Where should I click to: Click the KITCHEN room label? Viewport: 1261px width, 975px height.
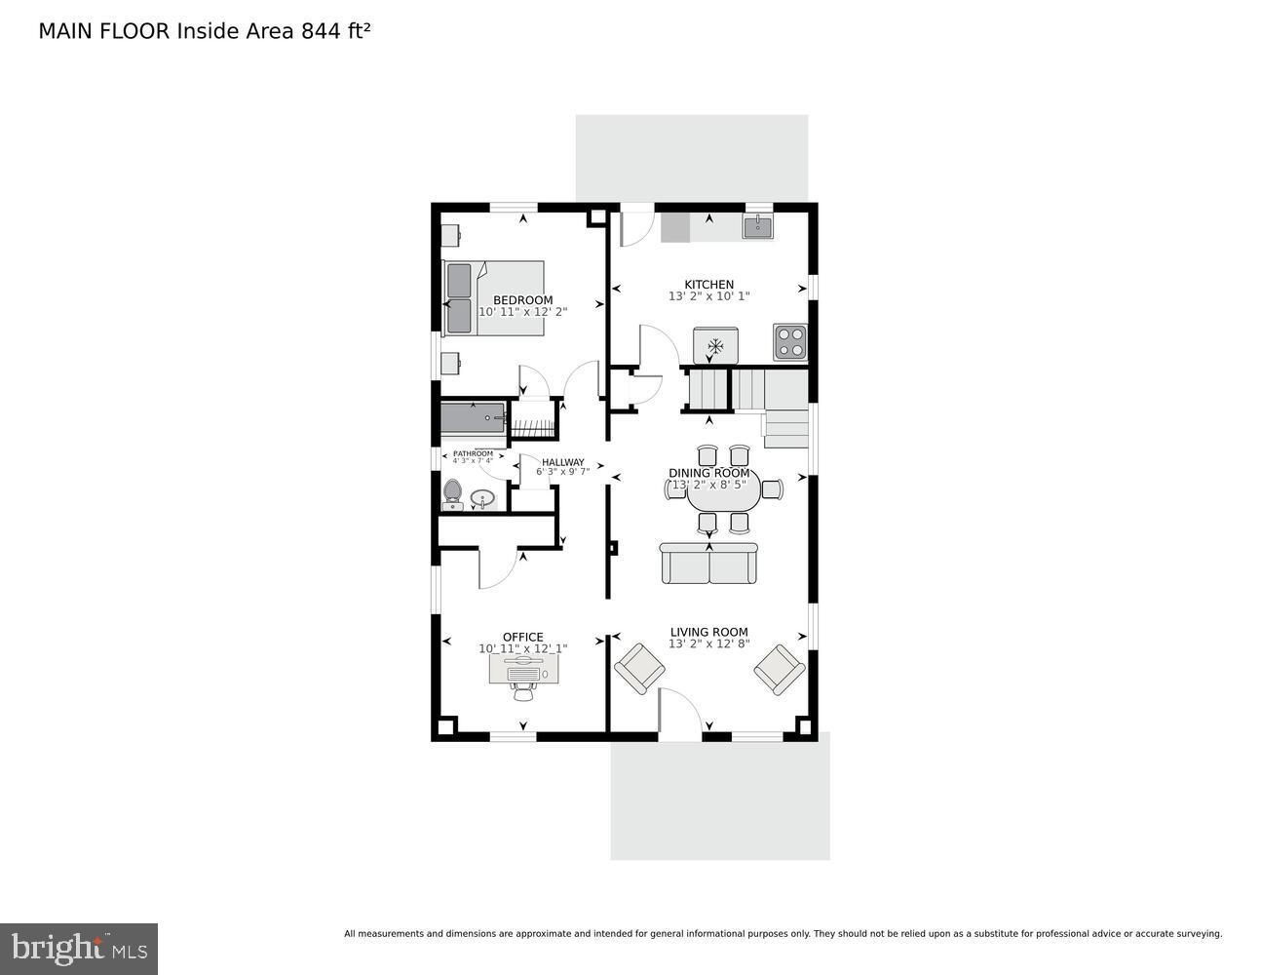[708, 285]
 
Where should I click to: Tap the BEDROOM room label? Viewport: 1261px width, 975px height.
[522, 300]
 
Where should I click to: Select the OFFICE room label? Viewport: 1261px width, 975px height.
[522, 637]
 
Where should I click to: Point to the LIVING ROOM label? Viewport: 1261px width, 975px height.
[708, 632]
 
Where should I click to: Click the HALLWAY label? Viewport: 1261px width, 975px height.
[563, 462]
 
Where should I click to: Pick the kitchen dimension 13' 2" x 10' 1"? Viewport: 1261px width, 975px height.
[708, 296]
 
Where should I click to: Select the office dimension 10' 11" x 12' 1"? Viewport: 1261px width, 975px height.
[522, 648]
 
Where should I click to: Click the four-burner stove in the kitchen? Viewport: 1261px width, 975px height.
[790, 341]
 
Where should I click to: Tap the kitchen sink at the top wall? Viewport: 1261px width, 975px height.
[758, 227]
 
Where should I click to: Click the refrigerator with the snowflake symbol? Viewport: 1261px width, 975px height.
[715, 345]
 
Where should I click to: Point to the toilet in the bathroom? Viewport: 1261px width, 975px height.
[452, 493]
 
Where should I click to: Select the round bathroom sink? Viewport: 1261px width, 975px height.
[482, 499]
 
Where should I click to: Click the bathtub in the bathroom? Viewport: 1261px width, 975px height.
[473, 419]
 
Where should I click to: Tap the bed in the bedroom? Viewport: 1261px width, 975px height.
[494, 297]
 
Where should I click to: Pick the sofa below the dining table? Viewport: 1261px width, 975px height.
[708, 564]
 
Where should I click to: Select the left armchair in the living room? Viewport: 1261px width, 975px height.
[639, 669]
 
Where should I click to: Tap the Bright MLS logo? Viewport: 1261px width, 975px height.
[79, 949]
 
